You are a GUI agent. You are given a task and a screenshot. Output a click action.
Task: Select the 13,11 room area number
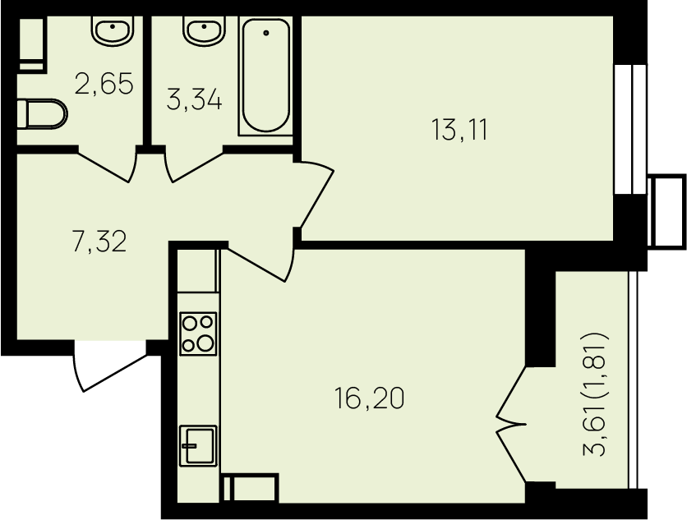click(459, 129)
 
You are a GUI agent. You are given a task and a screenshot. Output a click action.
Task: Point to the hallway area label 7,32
click(99, 242)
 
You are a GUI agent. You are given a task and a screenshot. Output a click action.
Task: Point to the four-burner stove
click(198, 333)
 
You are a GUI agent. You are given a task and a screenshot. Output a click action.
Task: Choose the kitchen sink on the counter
click(197, 446)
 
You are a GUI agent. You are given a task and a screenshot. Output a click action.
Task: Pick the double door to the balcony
click(511, 422)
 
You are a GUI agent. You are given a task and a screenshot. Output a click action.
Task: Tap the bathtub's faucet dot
click(265, 33)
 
